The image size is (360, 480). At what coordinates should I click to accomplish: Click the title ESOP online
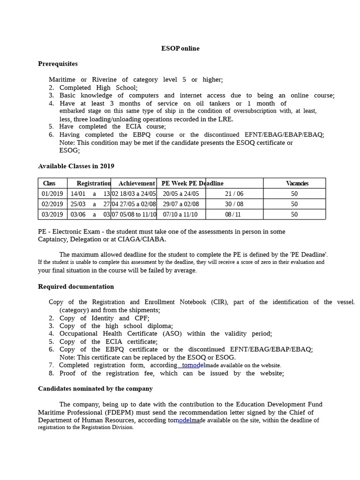[x=180, y=48]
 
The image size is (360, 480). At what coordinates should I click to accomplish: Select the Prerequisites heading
[x=58, y=64]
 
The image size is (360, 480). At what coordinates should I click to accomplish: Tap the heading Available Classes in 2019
[x=76, y=166]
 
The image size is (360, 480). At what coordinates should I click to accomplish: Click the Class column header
[x=49, y=183]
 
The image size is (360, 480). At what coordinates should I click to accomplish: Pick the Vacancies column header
[x=297, y=183]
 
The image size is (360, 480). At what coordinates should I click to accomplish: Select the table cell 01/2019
[x=52, y=194]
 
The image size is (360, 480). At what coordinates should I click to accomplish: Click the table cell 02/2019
[x=52, y=204]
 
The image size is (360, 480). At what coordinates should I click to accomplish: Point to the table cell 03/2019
[x=52, y=214]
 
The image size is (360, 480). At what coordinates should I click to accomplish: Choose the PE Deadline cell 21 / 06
[x=234, y=194]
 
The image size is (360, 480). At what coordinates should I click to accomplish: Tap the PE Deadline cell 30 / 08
[x=234, y=204]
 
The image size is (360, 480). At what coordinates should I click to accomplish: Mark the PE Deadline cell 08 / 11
[x=233, y=214]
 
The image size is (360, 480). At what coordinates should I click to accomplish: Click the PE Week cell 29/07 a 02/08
[x=181, y=204]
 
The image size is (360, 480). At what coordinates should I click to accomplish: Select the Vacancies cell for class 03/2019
[x=294, y=214]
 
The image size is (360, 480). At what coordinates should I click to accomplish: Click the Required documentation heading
[x=76, y=286]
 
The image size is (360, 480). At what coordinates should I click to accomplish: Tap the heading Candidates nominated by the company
[x=95, y=389]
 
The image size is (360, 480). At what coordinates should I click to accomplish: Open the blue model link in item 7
[x=196, y=365]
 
